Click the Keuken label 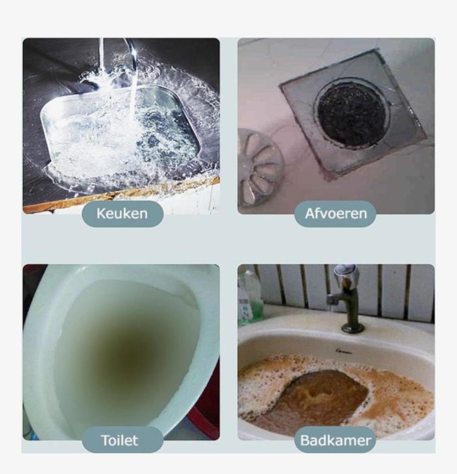[x=123, y=213]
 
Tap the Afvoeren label [x=335, y=213]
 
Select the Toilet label [x=120, y=440]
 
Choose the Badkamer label [x=335, y=440]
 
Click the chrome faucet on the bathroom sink [x=347, y=298]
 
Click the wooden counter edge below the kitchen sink [x=121, y=193]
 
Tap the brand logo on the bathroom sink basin [x=344, y=351]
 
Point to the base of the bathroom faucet [x=352, y=328]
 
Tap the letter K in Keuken [x=101, y=213]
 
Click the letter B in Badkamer [x=305, y=440]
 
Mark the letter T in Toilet [x=105, y=440]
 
